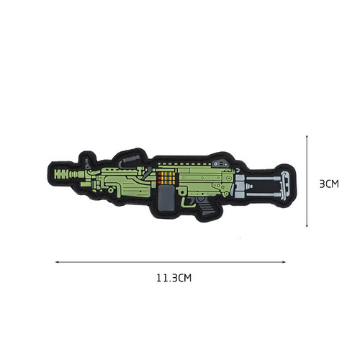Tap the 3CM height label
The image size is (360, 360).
(x=328, y=184)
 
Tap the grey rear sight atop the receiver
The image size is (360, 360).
(x=225, y=165)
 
